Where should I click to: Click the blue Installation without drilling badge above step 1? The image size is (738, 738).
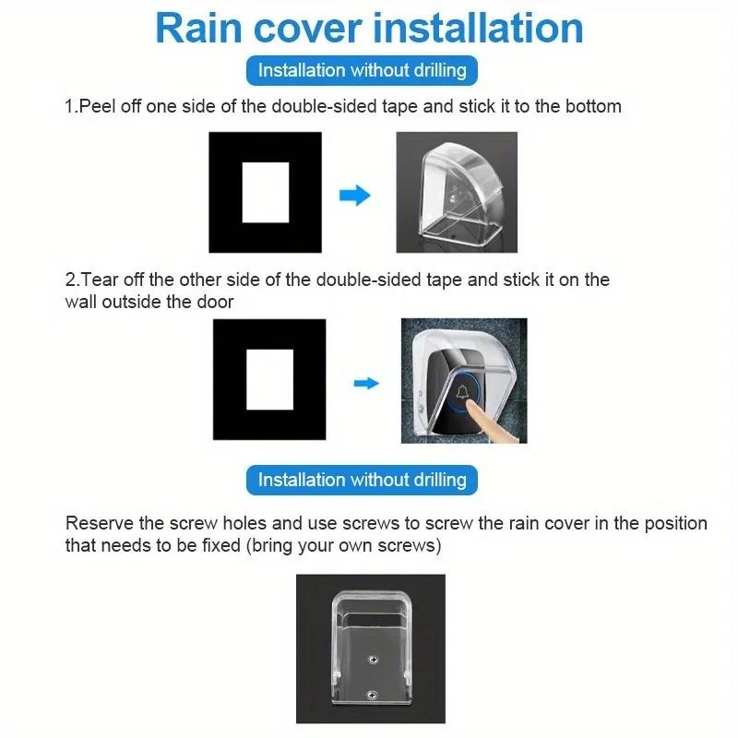click(362, 70)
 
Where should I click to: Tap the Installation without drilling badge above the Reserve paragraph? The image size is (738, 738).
click(362, 480)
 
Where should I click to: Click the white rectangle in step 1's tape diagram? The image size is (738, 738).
click(266, 192)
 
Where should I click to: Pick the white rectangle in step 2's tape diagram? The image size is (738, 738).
click(269, 380)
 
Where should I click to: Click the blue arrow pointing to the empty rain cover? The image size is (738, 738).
click(355, 196)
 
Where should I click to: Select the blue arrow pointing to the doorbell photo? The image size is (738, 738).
click(367, 383)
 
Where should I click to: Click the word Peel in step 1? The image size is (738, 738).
click(97, 106)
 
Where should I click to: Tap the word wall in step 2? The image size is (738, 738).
click(80, 302)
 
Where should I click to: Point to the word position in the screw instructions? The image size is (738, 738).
click(675, 523)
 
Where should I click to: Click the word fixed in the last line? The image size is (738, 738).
click(212, 545)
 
